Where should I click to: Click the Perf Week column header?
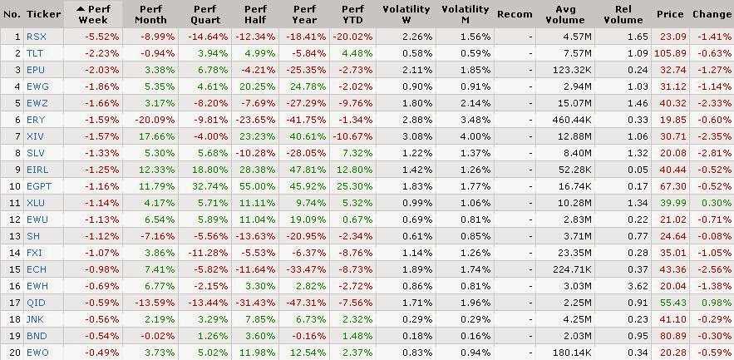94,14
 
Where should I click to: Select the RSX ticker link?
37,37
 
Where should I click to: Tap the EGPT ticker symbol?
39,186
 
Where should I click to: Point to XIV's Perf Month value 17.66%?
156,136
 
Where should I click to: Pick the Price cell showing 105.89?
671,53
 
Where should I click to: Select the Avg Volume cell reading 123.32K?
572,70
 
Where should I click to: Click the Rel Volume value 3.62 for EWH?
639,286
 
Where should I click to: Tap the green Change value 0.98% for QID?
714,303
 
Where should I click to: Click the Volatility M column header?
465,14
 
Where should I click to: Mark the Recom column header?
515,14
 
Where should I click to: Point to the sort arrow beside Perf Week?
81,9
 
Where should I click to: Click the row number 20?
15,353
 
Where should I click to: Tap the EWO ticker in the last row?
37,353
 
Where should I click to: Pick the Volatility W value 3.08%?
417,136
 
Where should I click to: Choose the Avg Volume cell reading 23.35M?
574,254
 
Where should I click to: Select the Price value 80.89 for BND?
673,336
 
